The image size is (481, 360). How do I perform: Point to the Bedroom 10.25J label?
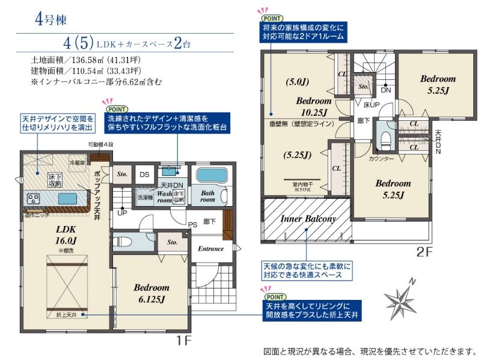click(313, 106)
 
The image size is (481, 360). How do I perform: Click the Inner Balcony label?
click(308, 219)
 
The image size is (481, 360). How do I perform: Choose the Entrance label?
click(210, 248)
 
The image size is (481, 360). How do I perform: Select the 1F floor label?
click(183, 340)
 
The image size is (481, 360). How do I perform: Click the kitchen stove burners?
click(32, 198)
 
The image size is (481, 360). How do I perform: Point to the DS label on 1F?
click(144, 174)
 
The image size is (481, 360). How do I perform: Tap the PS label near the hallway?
click(192, 225)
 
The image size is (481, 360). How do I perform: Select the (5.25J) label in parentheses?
click(297, 154)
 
